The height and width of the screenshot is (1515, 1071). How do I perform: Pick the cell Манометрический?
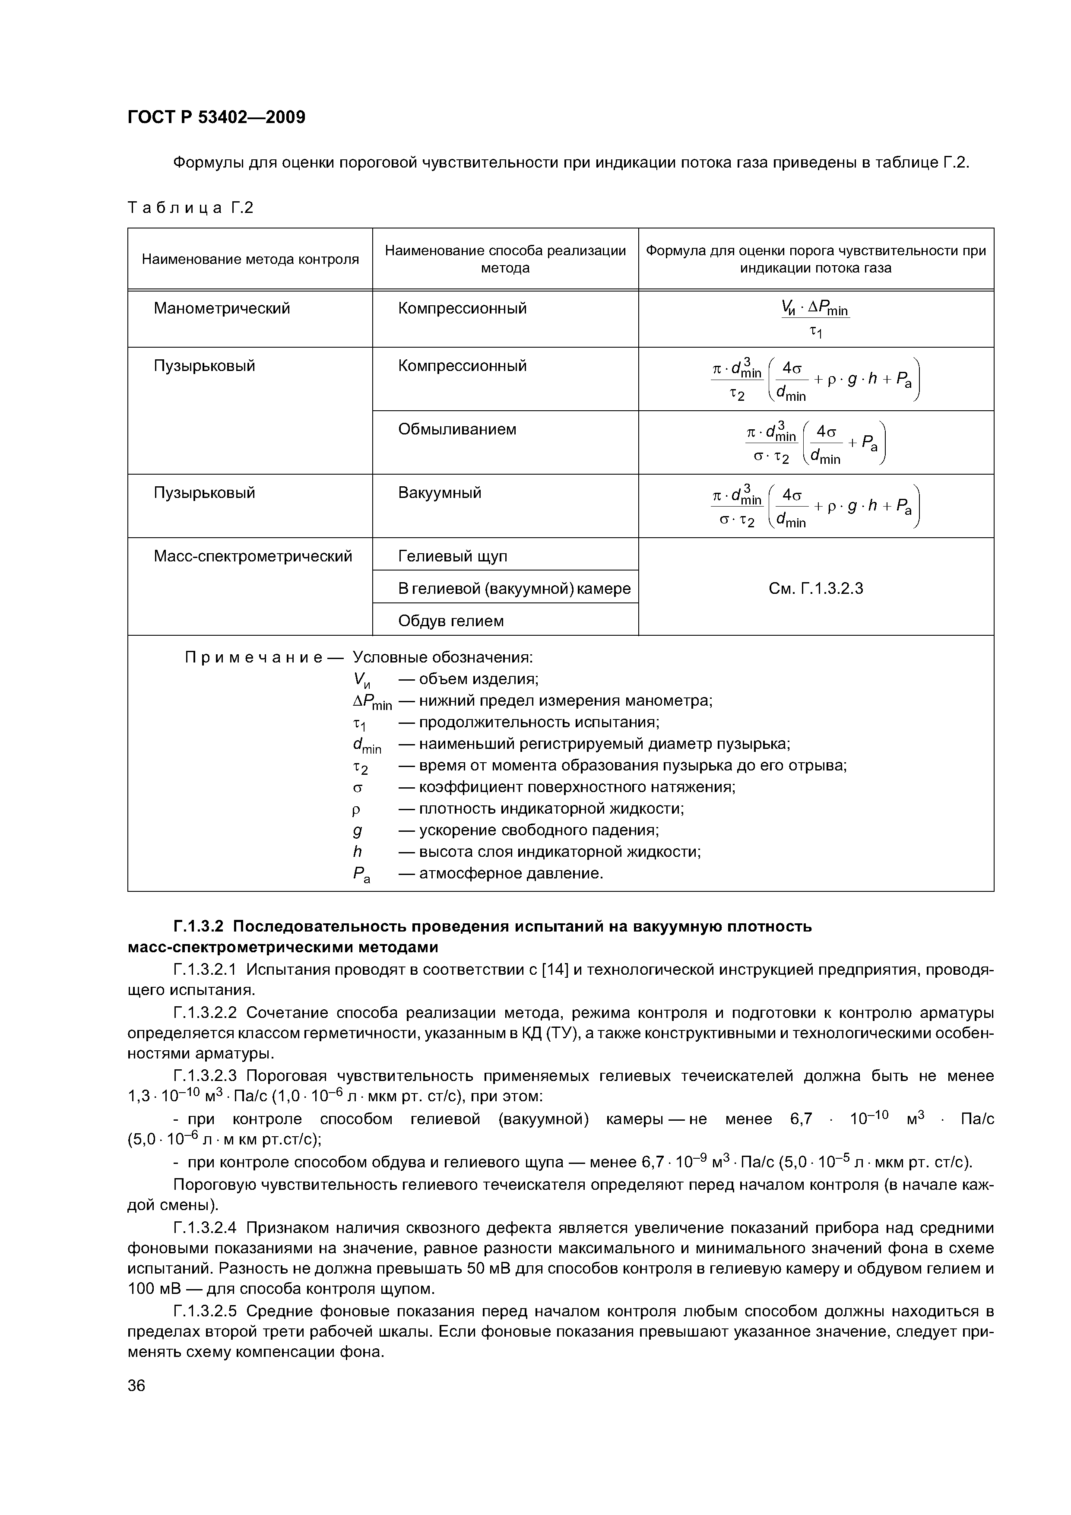click(x=222, y=309)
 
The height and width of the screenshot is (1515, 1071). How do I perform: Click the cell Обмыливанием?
click(x=456, y=430)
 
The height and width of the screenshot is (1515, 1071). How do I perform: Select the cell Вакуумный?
click(x=440, y=493)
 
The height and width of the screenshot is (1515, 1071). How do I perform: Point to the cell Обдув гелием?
click(x=451, y=621)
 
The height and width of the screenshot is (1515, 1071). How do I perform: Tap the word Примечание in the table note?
click(x=254, y=658)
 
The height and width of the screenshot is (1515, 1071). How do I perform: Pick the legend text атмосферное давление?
click(x=511, y=874)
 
